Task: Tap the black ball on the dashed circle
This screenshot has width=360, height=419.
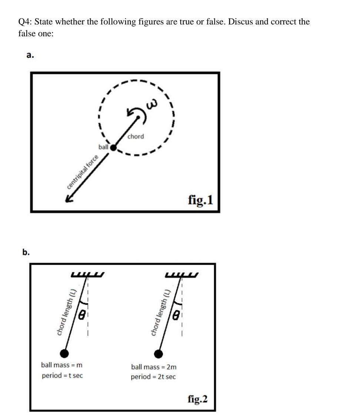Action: coord(114,147)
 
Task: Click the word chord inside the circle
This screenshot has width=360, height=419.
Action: coord(136,136)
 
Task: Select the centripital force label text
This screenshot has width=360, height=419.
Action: coord(83,173)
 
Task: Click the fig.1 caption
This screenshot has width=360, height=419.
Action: coord(200,200)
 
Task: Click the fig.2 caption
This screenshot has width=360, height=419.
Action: coord(198,399)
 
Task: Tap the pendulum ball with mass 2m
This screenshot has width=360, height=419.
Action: coord(159,354)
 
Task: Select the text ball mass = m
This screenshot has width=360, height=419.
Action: coord(61,365)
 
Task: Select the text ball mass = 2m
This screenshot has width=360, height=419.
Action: coord(154,367)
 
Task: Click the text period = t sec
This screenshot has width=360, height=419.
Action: coord(62,376)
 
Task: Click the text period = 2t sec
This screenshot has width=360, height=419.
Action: coord(153,377)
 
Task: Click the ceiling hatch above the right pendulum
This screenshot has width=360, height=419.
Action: coord(182,275)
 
